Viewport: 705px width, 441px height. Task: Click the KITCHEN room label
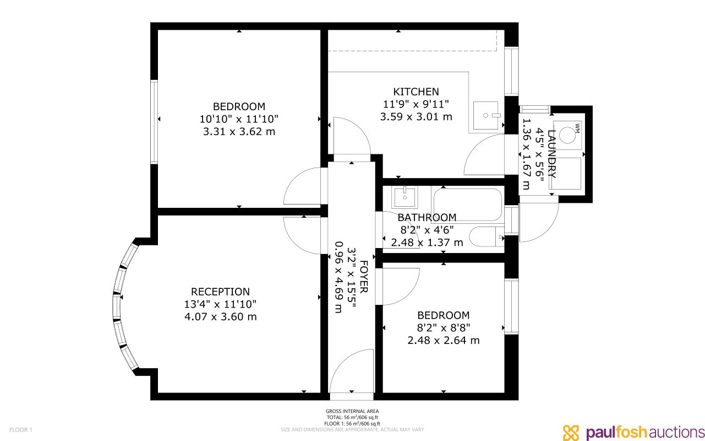[x=416, y=92]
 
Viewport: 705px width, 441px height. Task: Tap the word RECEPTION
[x=220, y=292]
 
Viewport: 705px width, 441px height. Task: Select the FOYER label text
[x=364, y=277]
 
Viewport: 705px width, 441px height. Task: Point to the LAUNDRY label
[x=552, y=154]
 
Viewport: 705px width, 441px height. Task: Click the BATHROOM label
[x=427, y=218]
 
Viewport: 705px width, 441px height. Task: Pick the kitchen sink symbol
[x=485, y=115]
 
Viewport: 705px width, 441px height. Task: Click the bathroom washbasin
[x=405, y=197]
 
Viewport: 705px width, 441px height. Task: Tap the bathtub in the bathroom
[x=467, y=205]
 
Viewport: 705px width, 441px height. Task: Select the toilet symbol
[x=487, y=236]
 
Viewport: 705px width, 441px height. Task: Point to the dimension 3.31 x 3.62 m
[x=239, y=131]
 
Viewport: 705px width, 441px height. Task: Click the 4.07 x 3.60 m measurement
[x=220, y=316]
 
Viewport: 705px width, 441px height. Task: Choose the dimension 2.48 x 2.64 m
[x=444, y=341]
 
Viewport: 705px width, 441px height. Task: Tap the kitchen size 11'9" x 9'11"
[x=416, y=104]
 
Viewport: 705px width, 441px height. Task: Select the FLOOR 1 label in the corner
[x=21, y=429]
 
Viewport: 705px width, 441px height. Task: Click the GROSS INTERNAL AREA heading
[x=352, y=411]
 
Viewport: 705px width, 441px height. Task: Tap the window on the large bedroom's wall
[x=154, y=122]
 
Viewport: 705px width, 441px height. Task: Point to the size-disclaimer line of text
[x=352, y=429]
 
